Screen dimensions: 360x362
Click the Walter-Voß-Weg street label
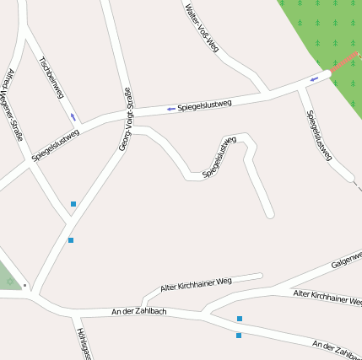tap(201, 27)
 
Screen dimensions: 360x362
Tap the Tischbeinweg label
tap(51, 78)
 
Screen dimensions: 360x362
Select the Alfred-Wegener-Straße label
tap(14, 103)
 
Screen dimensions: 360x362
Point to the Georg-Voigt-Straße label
tap(124, 120)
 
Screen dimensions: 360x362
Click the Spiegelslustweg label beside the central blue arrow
tap(204, 105)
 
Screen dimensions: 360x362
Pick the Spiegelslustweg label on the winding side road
tap(219, 157)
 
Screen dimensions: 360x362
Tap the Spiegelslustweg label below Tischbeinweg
tap(56, 144)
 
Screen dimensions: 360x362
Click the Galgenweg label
tap(347, 259)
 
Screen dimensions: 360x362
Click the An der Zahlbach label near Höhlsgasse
tap(139, 312)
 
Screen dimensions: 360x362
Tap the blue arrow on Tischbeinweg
tap(73, 116)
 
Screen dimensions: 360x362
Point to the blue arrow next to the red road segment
tap(314, 79)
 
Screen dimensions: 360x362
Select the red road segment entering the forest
tap(343, 66)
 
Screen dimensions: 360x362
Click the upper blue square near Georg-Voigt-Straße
tap(73, 204)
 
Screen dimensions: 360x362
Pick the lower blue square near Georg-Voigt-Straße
tap(71, 240)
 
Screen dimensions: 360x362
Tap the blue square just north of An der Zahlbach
tap(240, 319)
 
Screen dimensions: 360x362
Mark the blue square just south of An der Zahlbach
tap(239, 336)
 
